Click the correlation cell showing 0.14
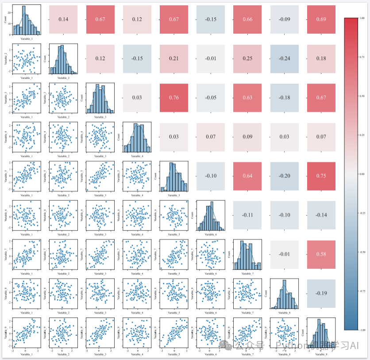[x=63, y=19]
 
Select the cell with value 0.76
[x=174, y=98]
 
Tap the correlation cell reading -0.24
[x=285, y=58]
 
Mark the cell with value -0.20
[x=285, y=176]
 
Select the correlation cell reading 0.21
[x=174, y=58]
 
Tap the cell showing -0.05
[x=211, y=98]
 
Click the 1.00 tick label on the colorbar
[x=362, y=18]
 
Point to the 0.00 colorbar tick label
[x=362, y=174]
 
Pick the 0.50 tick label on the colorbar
[x=362, y=96]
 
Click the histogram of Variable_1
[x=27, y=20]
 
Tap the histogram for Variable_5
[x=174, y=176]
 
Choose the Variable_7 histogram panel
[x=247, y=255]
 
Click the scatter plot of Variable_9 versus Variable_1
[x=27, y=333]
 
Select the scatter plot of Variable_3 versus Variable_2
[x=63, y=98]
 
